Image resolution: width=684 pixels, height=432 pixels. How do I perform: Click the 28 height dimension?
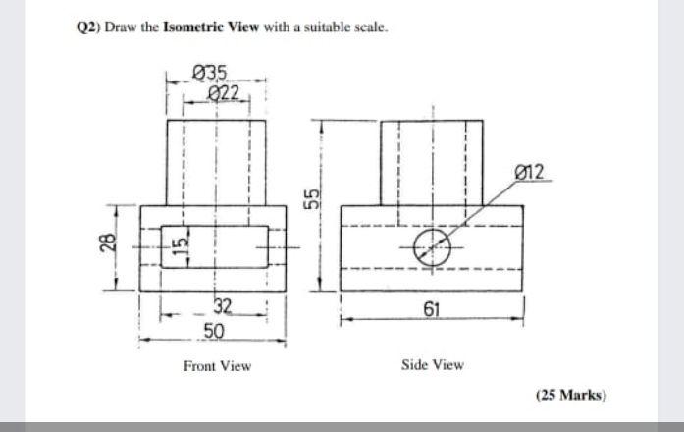click(109, 244)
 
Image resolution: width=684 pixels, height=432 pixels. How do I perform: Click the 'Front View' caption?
click(217, 366)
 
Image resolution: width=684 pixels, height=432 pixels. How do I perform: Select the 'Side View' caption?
click(433, 365)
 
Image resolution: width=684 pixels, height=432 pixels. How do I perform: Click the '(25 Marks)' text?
click(571, 396)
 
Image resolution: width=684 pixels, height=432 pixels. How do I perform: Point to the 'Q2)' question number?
click(87, 27)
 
